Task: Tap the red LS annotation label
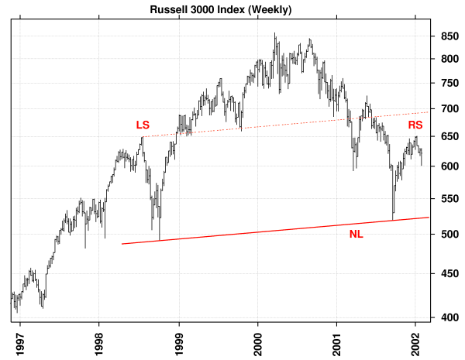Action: point(143,124)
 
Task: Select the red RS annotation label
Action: point(415,124)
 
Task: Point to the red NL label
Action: point(356,233)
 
